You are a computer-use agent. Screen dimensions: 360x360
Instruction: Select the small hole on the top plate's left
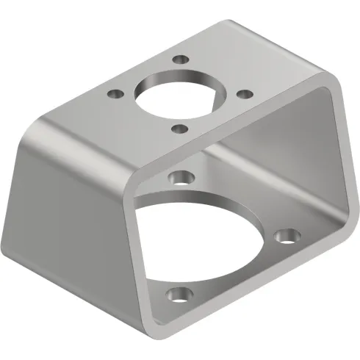point(114,94)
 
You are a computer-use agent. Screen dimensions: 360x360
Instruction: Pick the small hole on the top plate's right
point(246,93)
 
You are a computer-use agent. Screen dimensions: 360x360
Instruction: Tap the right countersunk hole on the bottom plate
point(285,237)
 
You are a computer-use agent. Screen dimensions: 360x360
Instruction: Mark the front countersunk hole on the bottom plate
point(176,295)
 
